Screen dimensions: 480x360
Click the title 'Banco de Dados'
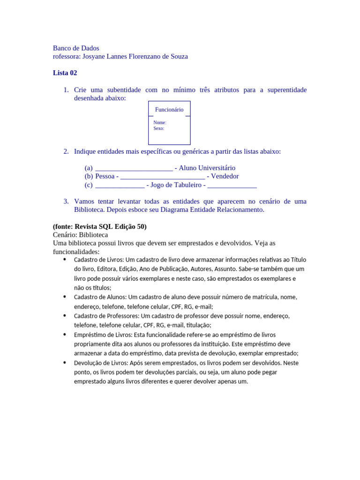pyautogui.click(x=76, y=48)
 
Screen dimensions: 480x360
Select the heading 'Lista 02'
pyautogui.click(x=65, y=73)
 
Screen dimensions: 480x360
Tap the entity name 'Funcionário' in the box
pyautogui.click(x=169, y=110)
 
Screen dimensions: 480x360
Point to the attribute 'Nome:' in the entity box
pyautogui.click(x=159, y=122)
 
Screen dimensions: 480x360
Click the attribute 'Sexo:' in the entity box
pyautogui.click(x=158, y=128)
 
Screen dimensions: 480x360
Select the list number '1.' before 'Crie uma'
pyautogui.click(x=66, y=90)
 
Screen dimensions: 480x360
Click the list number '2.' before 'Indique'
pyautogui.click(x=66, y=151)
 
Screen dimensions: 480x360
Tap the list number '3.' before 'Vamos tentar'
pyautogui.click(x=66, y=201)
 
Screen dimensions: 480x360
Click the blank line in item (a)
pyautogui.click(x=134, y=169)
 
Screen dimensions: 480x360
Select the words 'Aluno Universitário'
pyautogui.click(x=207, y=168)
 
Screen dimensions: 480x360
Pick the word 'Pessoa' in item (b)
pyautogui.click(x=105, y=176)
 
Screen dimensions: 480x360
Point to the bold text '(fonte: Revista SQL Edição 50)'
pyautogui.click(x=99, y=226)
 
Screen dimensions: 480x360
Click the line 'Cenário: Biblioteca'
pyautogui.click(x=80, y=235)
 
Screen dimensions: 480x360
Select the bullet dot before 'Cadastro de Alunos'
pyautogui.click(x=64, y=297)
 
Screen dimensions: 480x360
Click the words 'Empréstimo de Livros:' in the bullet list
pyautogui.click(x=103, y=335)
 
